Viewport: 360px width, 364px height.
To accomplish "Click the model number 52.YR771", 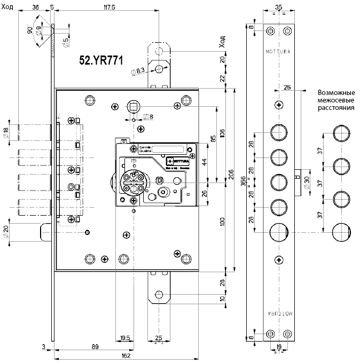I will click(101, 60).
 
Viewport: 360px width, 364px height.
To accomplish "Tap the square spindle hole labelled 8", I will click(134, 107).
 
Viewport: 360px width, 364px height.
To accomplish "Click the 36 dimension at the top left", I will click(36, 7).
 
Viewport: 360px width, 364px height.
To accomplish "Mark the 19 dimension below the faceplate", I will click(278, 346).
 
